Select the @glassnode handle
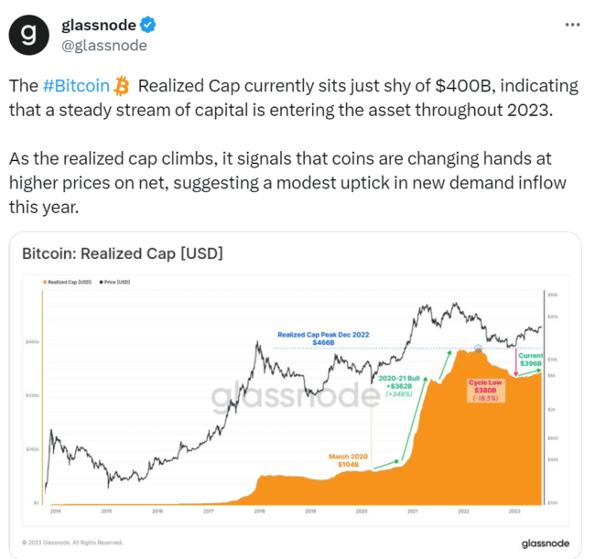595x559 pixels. coord(103,46)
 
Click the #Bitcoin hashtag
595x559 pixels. coord(76,86)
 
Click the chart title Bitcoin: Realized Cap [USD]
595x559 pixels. coord(122,252)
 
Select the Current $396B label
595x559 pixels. coord(531,360)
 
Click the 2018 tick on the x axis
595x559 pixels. coord(259,511)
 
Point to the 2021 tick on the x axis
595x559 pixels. coord(413,511)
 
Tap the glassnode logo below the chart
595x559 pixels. coord(546,543)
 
